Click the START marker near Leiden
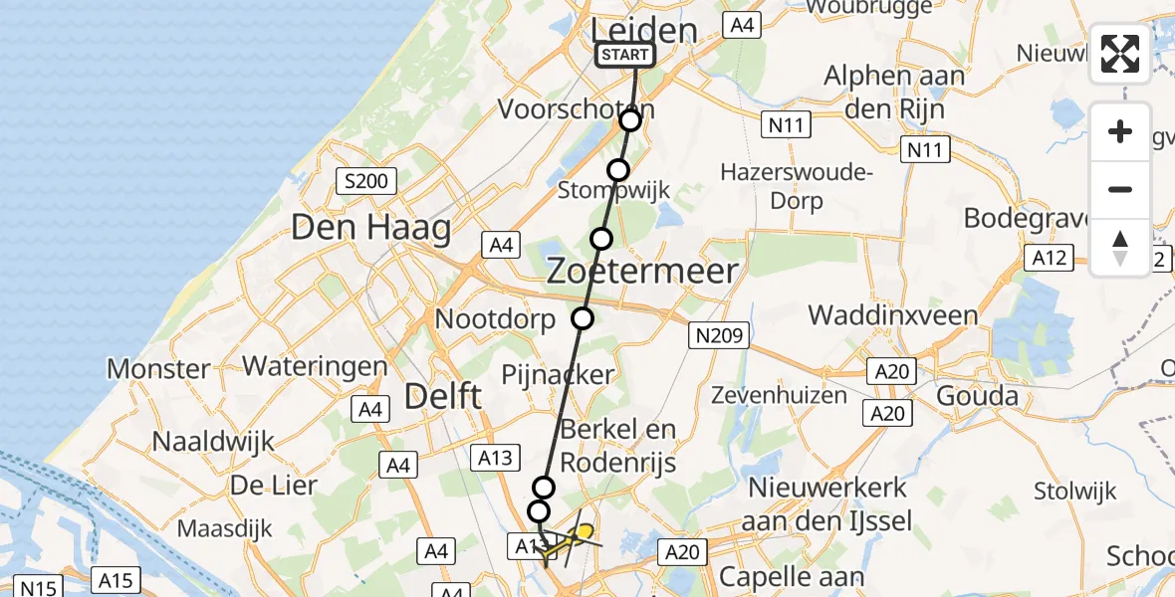(x=625, y=55)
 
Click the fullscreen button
(x=1120, y=54)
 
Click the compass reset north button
(x=1120, y=247)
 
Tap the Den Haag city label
(x=370, y=228)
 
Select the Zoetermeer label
(x=642, y=271)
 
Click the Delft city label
(x=443, y=397)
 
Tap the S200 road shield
(x=366, y=181)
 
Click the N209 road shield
(x=718, y=336)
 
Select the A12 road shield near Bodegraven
(x=1050, y=259)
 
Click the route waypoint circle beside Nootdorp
(x=583, y=318)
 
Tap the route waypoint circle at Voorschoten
(x=630, y=120)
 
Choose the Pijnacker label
(x=558, y=374)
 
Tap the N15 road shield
(x=36, y=588)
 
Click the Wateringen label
(x=315, y=365)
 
